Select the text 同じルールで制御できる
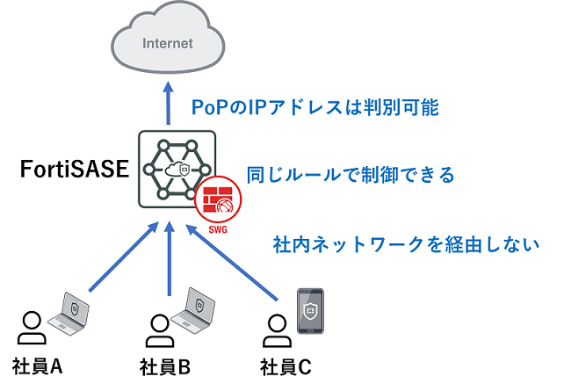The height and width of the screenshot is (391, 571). tap(350, 174)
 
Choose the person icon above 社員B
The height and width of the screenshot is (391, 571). tap(158, 329)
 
